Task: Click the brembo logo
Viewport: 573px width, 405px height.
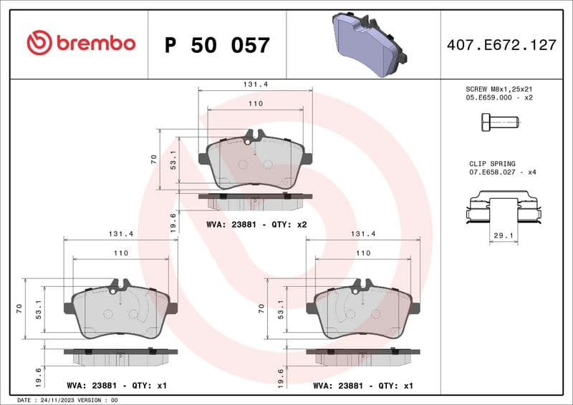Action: [x=81, y=44]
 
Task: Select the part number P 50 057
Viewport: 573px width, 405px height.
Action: [x=217, y=45]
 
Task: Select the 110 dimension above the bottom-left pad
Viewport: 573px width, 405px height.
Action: [x=121, y=253]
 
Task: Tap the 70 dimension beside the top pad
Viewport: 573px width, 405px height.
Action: [x=153, y=160]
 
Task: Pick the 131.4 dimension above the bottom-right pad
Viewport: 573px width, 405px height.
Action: [x=363, y=234]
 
